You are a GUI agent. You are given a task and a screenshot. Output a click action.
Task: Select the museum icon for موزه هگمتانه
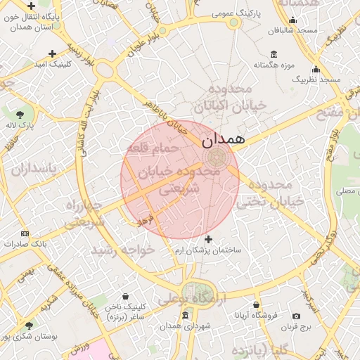pos(274,55)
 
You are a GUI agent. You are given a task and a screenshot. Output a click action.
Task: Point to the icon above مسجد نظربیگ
pos(316,69)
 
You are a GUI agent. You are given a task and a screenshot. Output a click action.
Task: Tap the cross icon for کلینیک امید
pos(53,53)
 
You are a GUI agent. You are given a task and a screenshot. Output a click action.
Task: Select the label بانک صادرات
pos(25,244)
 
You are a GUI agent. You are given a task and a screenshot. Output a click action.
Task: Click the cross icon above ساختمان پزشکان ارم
pos(209,240)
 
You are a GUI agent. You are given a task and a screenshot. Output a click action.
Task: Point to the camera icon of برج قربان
pos(296,316)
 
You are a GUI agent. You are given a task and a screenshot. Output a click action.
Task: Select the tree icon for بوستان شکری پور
pos(28,326)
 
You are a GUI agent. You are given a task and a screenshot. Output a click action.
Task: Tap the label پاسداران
pos(32,169)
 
